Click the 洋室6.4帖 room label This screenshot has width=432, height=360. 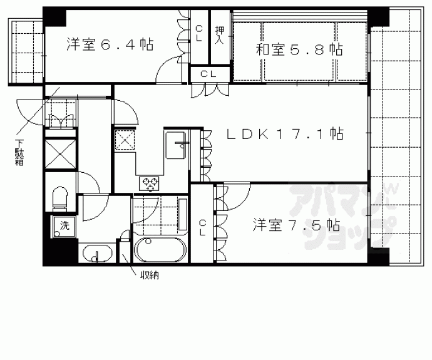click(x=110, y=44)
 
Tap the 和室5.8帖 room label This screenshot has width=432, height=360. click(x=299, y=50)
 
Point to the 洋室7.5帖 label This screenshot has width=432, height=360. click(x=297, y=224)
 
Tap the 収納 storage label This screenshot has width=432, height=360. click(x=148, y=275)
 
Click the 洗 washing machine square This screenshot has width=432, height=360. click(x=63, y=226)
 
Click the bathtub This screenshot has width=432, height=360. click(x=160, y=250)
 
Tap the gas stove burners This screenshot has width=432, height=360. click(x=150, y=183)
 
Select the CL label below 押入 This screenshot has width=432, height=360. click(x=209, y=75)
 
